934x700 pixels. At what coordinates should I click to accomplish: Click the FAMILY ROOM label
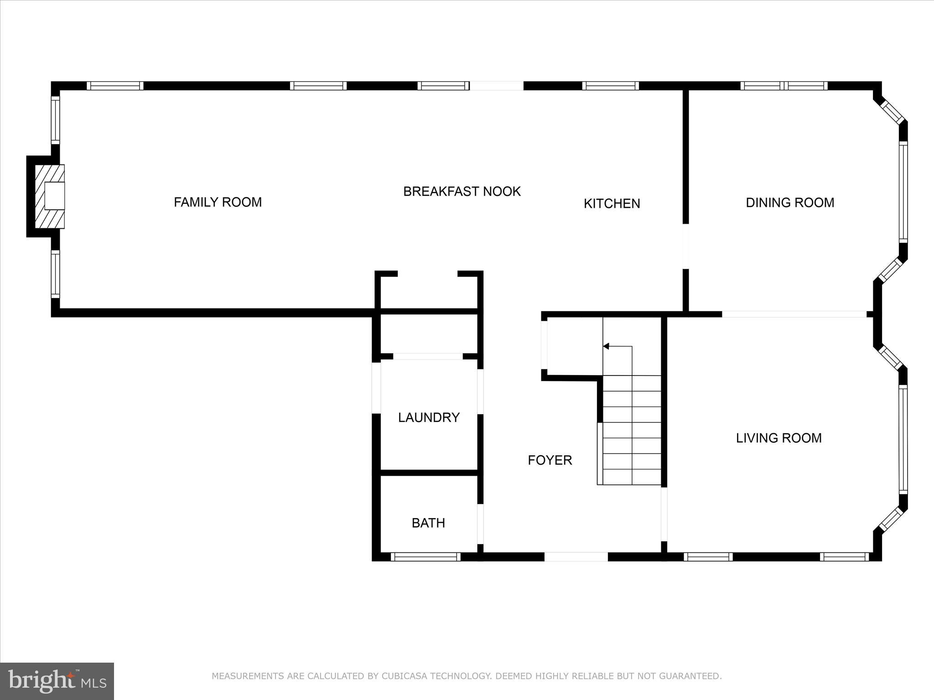pyautogui.click(x=218, y=202)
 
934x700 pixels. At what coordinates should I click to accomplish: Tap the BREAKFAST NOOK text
pyautogui.click(x=462, y=191)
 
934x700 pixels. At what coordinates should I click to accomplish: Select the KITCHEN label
pyautogui.click(x=612, y=203)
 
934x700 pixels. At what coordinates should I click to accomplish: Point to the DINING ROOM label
pyautogui.click(x=789, y=202)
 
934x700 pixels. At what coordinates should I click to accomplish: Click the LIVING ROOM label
pyautogui.click(x=778, y=438)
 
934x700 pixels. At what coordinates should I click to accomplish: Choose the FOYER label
pyautogui.click(x=550, y=460)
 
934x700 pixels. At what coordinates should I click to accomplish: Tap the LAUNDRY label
pyautogui.click(x=428, y=417)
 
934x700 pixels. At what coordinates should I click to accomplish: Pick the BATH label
pyautogui.click(x=428, y=523)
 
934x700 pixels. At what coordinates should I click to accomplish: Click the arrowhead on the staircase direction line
pyautogui.click(x=606, y=346)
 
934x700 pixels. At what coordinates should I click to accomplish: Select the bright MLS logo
pyautogui.click(x=57, y=681)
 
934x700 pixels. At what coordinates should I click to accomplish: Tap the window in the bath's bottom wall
pyautogui.click(x=425, y=556)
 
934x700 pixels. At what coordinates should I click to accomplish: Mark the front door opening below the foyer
pyautogui.click(x=576, y=556)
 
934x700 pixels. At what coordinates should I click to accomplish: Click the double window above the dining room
pyautogui.click(x=784, y=86)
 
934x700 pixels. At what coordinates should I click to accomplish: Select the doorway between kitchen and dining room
pyautogui.click(x=685, y=246)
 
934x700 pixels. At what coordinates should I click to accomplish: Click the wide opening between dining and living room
pyautogui.click(x=794, y=314)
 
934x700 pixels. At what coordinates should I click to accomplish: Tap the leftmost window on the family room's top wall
pyautogui.click(x=115, y=86)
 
